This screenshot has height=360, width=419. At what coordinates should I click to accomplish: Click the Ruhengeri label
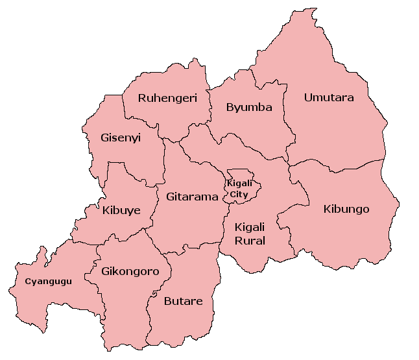pos(167,99)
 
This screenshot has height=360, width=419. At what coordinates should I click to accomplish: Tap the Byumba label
pos(249,108)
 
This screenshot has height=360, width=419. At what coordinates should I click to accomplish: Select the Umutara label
pos(329,98)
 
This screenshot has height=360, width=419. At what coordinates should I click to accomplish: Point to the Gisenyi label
pos(121,138)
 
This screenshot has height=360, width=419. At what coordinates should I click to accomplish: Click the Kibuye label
pos(121,210)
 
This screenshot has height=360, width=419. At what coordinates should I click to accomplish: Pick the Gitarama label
pos(192,197)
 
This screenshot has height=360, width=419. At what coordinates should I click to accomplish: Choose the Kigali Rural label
pos(250,234)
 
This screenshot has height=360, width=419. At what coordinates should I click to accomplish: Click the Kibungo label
pos(346,209)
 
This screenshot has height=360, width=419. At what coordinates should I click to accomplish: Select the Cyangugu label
pos(48,282)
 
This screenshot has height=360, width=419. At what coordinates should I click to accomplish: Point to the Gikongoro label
pos(130,271)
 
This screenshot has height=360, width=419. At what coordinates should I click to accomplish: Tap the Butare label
pos(183,301)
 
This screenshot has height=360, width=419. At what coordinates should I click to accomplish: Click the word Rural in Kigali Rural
pos(250,241)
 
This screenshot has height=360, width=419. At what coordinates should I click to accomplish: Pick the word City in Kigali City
pos(239,194)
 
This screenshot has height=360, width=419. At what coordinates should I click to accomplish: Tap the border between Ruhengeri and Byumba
pos(209,110)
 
